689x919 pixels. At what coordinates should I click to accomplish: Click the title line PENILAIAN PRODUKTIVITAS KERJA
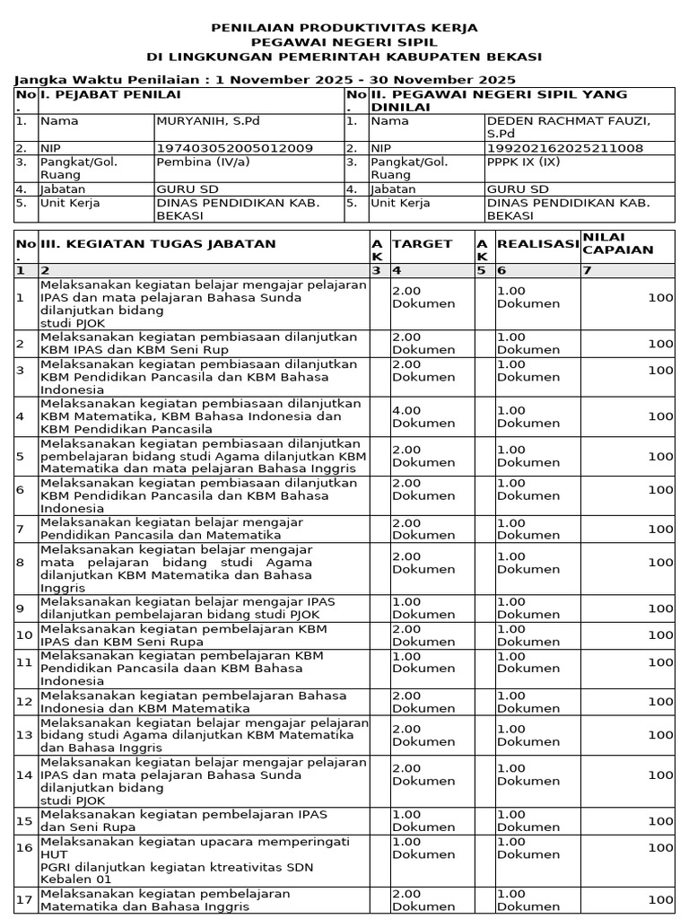pyautogui.click(x=344, y=28)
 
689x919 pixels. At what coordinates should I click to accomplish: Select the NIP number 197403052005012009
pyautogui.click(x=234, y=147)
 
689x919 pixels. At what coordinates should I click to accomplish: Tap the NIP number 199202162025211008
pyautogui.click(x=564, y=147)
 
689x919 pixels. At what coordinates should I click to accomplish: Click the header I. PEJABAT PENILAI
pyautogui.click(x=110, y=94)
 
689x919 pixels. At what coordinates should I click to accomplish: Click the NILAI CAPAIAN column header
pyautogui.click(x=618, y=243)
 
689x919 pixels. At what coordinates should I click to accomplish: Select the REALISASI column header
pyautogui.click(x=537, y=243)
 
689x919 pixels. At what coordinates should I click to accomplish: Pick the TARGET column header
pyautogui.click(x=423, y=243)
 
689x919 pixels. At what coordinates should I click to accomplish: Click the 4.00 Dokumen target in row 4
pyautogui.click(x=412, y=416)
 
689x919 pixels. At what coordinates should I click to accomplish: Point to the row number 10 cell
pyautogui.click(x=24, y=635)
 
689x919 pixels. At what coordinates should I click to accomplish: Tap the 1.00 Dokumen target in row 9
pyautogui.click(x=412, y=608)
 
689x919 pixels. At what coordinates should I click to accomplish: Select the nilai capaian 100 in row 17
pyautogui.click(x=660, y=899)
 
